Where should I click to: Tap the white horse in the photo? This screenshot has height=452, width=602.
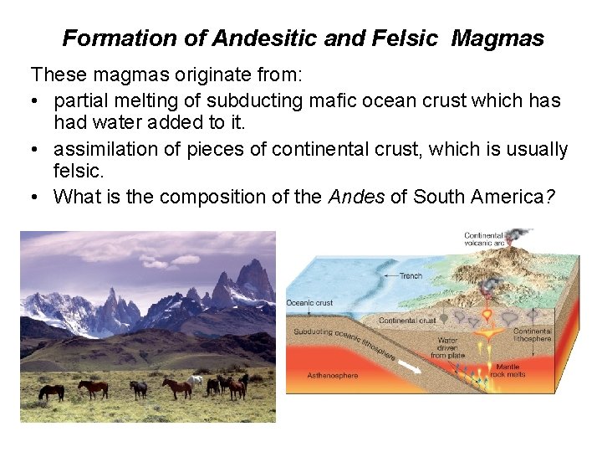coord(195,382)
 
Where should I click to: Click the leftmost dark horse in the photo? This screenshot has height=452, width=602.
coord(51,391)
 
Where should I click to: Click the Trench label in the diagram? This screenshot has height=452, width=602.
coord(411,275)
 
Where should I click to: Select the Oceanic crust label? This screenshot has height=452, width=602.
coord(309,302)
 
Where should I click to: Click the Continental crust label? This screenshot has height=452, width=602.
coord(407,321)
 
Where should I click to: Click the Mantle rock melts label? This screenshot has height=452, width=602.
coord(508,370)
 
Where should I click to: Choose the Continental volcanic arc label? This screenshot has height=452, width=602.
coord(483,240)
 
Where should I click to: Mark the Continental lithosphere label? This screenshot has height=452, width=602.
coord(532,336)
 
